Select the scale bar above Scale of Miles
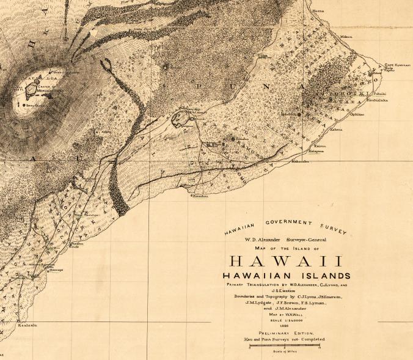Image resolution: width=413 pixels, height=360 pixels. (x=285, y=346)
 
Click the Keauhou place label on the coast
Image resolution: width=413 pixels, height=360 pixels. (x=201, y=196)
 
